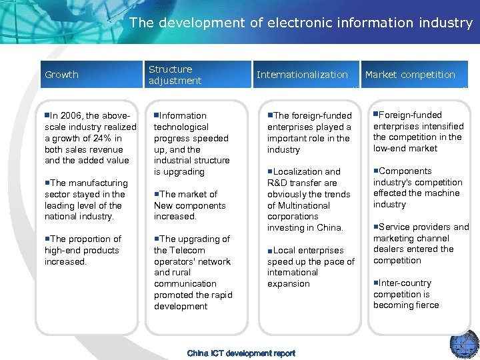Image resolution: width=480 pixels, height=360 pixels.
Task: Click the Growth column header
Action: (x=61, y=75)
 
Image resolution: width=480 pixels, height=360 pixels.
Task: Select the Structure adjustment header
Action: (x=175, y=75)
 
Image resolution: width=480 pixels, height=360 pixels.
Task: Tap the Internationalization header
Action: (x=302, y=75)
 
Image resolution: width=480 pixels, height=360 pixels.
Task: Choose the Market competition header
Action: (x=410, y=75)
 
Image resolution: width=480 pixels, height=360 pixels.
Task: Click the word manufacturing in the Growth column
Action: (x=98, y=183)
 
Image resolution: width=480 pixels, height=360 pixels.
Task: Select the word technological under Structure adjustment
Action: (x=181, y=127)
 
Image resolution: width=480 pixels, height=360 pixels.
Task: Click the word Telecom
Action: (x=189, y=250)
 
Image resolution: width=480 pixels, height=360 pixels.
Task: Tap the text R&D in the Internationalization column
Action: (x=279, y=183)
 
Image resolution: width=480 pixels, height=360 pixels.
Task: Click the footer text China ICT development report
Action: (x=241, y=353)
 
